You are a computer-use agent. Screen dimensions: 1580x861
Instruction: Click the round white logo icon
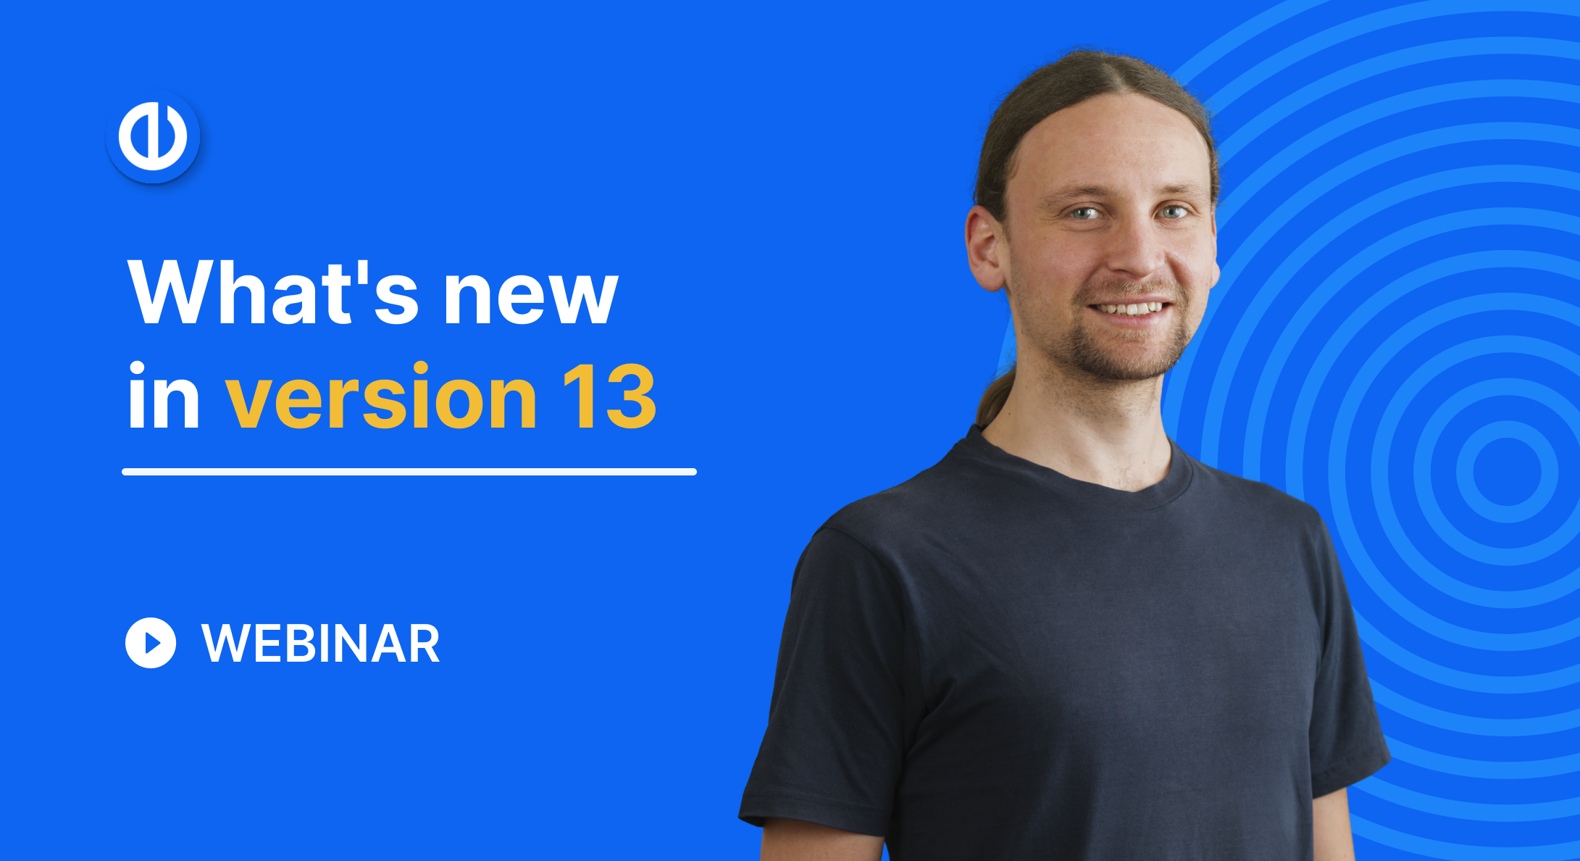[153, 136]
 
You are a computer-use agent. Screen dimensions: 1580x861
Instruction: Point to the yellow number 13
[609, 396]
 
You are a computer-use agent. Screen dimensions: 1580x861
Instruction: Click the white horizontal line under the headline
[409, 472]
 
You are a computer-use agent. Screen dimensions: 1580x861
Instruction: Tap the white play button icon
[151, 643]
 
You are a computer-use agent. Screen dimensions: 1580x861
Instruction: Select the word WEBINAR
[321, 644]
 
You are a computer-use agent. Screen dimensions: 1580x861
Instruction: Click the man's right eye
[1084, 213]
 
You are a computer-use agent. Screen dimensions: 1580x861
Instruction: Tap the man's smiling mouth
[1130, 309]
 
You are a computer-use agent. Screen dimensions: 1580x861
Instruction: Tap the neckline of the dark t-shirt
[1079, 471]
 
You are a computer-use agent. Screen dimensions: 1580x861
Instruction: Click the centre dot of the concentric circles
[1507, 471]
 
